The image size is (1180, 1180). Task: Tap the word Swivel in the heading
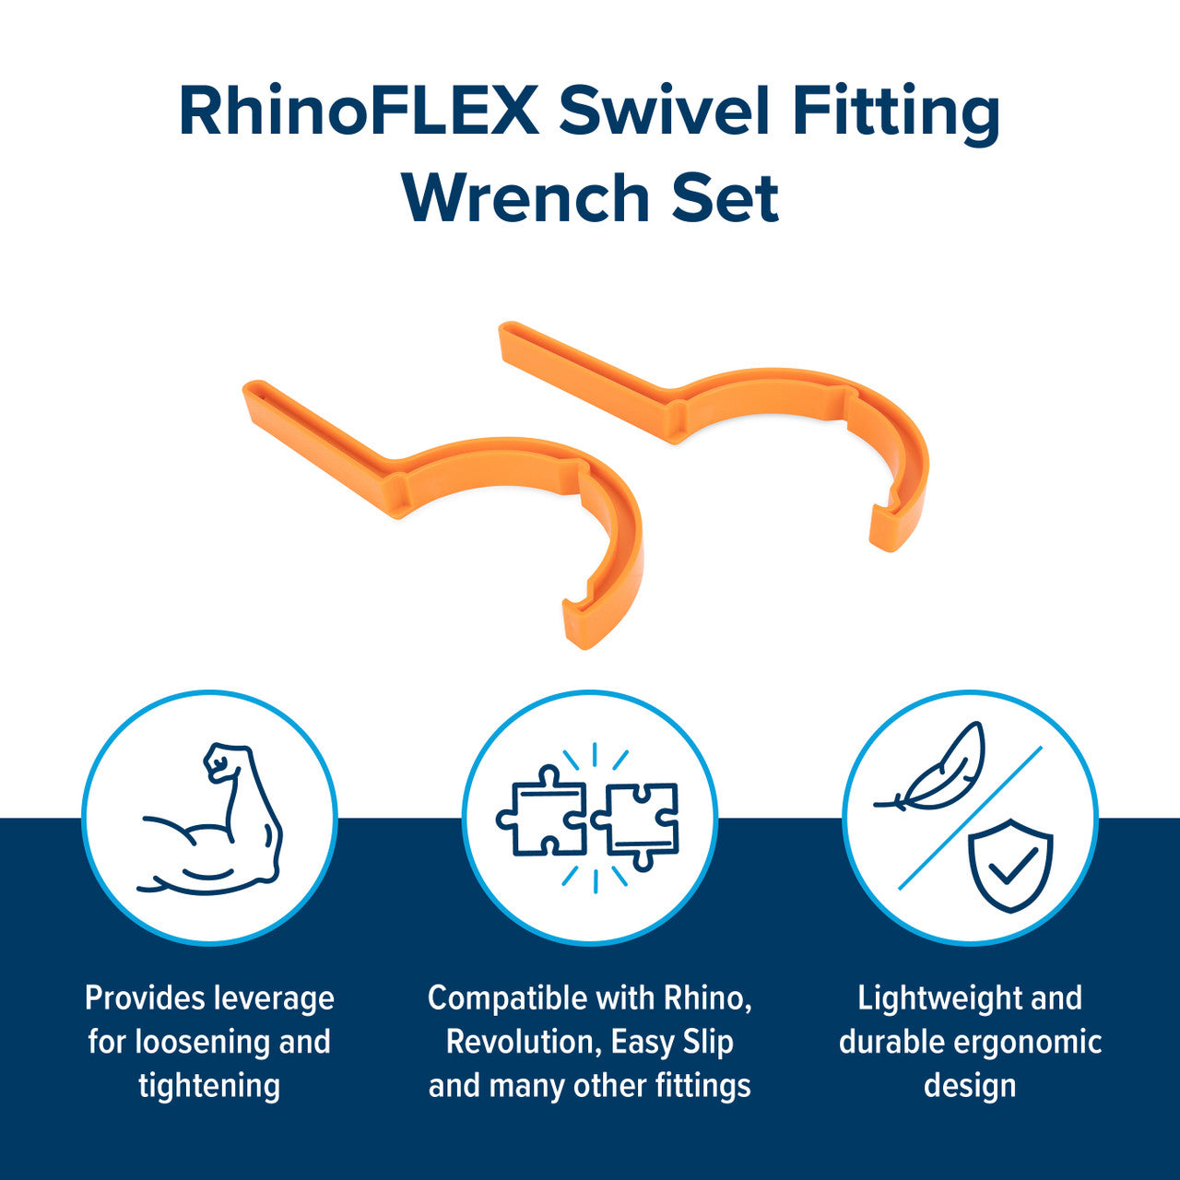[x=666, y=112]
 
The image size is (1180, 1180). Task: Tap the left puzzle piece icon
[x=542, y=811]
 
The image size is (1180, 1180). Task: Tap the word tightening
[x=209, y=1085]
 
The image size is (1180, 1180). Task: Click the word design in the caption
[x=970, y=1085]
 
